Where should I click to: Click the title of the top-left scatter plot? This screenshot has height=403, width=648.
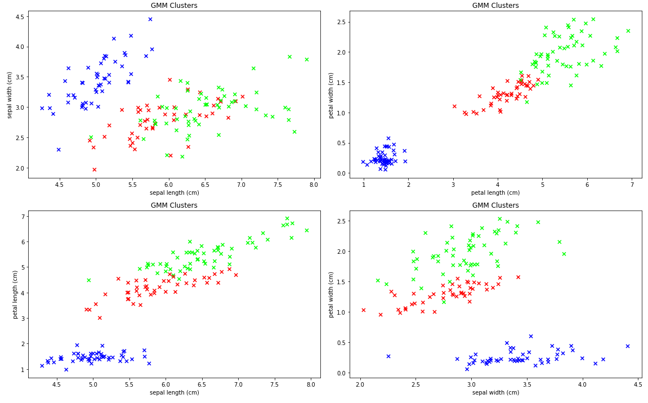(x=174, y=6)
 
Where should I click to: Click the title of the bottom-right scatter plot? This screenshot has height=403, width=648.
(x=495, y=205)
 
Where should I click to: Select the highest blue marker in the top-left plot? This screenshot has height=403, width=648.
(x=150, y=19)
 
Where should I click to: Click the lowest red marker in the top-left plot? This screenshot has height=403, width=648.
(x=95, y=169)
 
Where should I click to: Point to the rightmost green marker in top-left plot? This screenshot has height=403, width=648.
(x=307, y=59)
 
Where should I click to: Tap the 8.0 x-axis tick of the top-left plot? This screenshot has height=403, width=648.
(x=314, y=185)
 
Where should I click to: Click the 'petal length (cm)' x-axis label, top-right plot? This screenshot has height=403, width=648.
(x=495, y=192)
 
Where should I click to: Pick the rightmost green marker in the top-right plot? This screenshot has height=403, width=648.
(x=628, y=31)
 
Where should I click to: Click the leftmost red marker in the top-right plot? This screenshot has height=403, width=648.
(x=454, y=106)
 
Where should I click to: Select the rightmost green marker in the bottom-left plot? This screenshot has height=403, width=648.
(x=307, y=230)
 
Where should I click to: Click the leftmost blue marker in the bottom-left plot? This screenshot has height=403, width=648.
(x=42, y=365)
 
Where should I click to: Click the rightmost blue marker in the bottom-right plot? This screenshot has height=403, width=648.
(x=628, y=346)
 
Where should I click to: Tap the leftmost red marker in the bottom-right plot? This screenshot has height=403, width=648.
(x=364, y=310)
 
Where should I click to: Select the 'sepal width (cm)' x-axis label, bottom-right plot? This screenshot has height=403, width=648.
(x=495, y=392)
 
